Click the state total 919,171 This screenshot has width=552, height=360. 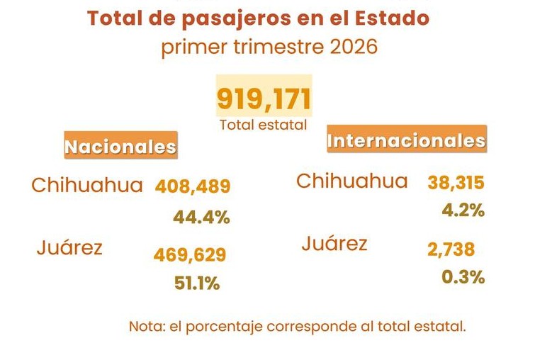tap(264, 100)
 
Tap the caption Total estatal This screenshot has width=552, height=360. tap(264, 125)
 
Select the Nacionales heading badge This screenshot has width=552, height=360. tap(120, 147)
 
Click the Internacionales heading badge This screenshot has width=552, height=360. tap(406, 141)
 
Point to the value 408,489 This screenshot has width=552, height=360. tap(193, 187)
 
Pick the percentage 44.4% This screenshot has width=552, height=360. tap(201, 218)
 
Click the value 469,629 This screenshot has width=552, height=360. tap(190, 254)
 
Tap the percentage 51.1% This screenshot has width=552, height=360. tap(197, 283)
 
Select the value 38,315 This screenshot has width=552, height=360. tap(456, 183)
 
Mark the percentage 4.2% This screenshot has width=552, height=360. tap(463, 210)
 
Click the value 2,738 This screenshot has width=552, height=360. tap(451, 249)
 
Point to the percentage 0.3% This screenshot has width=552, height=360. tap(463, 278)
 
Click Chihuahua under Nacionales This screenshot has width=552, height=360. tap(87, 186)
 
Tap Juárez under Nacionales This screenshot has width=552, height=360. tap(69, 248)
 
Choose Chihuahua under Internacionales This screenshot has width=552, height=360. tap(352, 181)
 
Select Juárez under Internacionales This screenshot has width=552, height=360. tap(334, 244)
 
